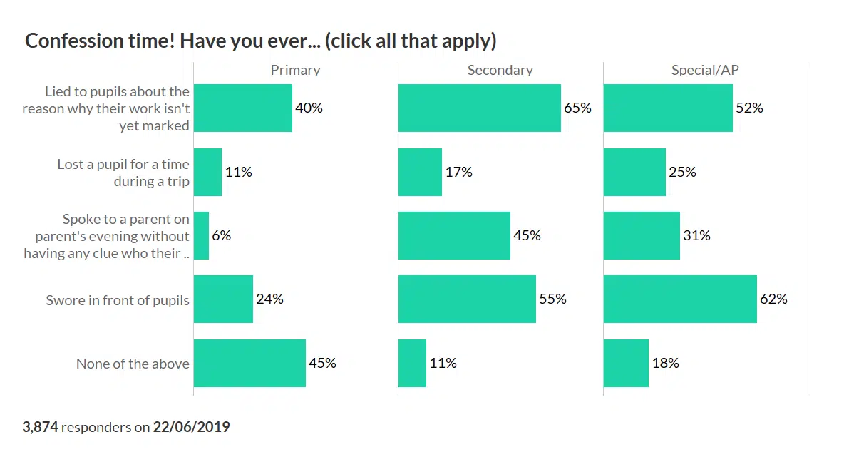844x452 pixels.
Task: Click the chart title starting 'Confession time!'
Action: click(260, 41)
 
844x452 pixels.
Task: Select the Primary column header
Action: click(295, 70)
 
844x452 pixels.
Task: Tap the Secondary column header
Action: click(500, 70)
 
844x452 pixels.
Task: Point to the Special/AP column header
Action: click(706, 70)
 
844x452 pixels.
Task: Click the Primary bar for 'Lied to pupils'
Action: click(243, 108)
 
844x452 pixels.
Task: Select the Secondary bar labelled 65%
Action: click(479, 108)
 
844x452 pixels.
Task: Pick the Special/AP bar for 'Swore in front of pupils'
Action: click(680, 299)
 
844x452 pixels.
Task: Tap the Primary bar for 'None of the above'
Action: click(249, 364)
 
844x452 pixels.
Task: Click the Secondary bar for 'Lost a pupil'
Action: click(420, 172)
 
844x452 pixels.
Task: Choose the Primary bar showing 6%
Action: click(201, 235)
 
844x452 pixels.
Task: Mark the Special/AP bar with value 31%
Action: click(642, 235)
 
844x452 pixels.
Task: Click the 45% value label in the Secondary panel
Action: click(527, 235)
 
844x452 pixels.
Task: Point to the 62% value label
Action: click(773, 299)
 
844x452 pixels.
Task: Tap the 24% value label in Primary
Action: click(269, 299)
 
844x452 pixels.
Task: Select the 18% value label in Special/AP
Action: click(665, 364)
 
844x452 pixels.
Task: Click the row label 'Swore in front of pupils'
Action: click(118, 300)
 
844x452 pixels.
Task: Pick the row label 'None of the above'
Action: click(133, 364)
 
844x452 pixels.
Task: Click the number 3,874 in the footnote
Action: click(40, 428)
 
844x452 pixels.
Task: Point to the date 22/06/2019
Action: click(192, 428)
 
